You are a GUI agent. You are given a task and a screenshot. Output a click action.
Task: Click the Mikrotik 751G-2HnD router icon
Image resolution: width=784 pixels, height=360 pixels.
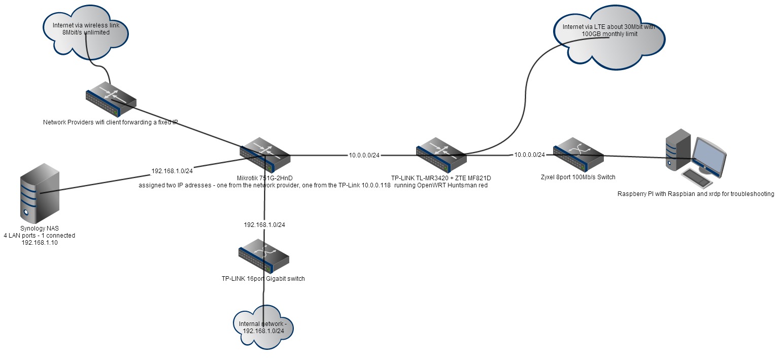(265, 153)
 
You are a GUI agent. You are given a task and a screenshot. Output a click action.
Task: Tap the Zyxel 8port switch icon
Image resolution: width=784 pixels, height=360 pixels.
(578, 154)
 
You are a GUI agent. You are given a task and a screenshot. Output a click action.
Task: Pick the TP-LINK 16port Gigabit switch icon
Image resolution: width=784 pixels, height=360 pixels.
(264, 255)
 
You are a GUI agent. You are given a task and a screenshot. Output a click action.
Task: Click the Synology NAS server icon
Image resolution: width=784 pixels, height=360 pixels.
(40, 192)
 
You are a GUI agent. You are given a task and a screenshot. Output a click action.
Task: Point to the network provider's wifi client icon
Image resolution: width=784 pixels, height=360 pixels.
(111, 99)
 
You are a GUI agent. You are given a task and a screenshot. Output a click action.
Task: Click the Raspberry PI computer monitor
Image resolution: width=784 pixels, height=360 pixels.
(709, 153)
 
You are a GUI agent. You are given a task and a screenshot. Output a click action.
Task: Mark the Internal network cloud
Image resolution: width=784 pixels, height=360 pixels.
(263, 328)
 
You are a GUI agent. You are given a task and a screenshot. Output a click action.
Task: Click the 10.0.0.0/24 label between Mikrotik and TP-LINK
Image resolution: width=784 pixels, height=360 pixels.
(364, 155)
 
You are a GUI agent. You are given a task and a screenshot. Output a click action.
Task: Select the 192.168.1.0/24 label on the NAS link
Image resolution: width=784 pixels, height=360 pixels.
(172, 171)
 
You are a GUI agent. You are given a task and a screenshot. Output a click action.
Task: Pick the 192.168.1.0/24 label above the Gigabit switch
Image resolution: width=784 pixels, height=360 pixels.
(264, 224)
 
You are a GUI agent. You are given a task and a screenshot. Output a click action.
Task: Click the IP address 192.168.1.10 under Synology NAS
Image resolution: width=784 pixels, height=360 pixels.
(39, 243)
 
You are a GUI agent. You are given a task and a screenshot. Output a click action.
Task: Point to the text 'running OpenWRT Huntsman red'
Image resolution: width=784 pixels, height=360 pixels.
(440, 185)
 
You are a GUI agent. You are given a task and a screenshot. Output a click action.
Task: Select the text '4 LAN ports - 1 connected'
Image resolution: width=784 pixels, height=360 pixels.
(39, 236)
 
